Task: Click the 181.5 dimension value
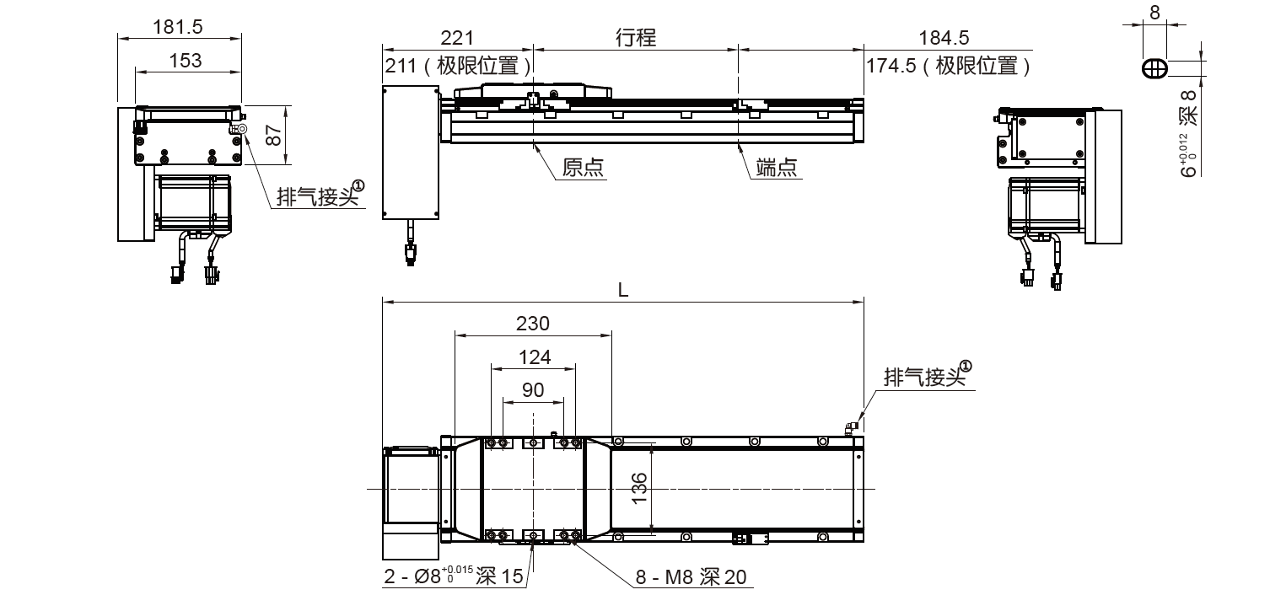[178, 27]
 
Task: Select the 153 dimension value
[186, 60]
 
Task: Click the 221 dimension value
[456, 38]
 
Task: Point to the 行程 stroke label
[636, 38]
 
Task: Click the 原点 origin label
[583, 168]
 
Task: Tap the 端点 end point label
[778, 168]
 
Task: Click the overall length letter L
[622, 290]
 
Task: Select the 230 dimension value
[532, 324]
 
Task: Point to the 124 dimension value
[533, 357]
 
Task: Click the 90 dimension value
[533, 390]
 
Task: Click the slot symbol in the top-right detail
[1154, 69]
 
